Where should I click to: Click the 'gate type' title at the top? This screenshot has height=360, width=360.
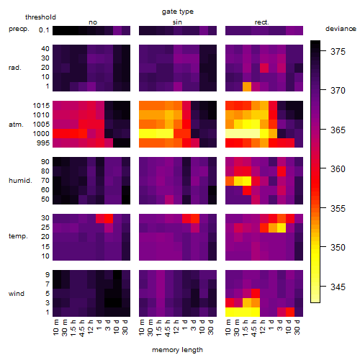point(178,12)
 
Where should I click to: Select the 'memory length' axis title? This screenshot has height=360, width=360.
point(177,350)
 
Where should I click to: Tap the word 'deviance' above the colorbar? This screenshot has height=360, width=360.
point(341,29)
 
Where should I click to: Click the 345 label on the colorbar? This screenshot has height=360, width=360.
point(338,287)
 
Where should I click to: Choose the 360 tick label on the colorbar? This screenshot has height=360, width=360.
point(338,169)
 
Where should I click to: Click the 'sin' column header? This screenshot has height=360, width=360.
point(177,22)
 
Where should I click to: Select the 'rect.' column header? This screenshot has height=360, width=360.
point(262,22)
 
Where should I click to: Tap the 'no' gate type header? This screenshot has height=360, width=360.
point(93,22)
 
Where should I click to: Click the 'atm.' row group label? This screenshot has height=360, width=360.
point(16,125)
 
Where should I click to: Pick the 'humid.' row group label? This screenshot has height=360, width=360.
point(20,181)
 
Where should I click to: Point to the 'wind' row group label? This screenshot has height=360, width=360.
point(17,294)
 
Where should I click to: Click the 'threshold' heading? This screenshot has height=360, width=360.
point(40,17)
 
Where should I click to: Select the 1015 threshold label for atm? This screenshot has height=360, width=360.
point(41,106)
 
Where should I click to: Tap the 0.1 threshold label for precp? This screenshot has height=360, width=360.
point(44,30)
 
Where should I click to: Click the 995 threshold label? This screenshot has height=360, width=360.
point(43,143)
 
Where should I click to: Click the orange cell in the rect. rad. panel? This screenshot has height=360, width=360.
point(247,86)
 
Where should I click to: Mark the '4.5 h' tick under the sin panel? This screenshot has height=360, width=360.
point(168,328)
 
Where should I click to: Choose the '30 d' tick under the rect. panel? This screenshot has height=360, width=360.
point(297,327)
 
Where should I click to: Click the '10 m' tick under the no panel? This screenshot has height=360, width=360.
point(55,328)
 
